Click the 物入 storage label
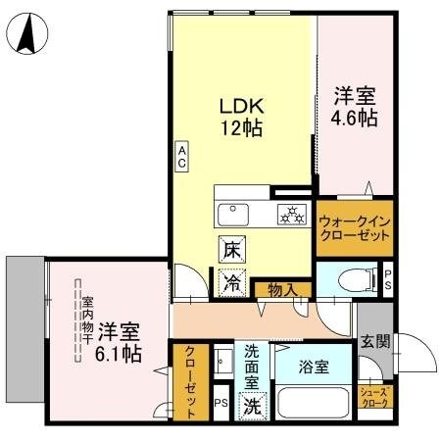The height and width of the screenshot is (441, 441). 281,289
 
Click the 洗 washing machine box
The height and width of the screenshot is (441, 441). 253,402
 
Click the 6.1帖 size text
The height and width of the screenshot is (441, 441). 119,354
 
